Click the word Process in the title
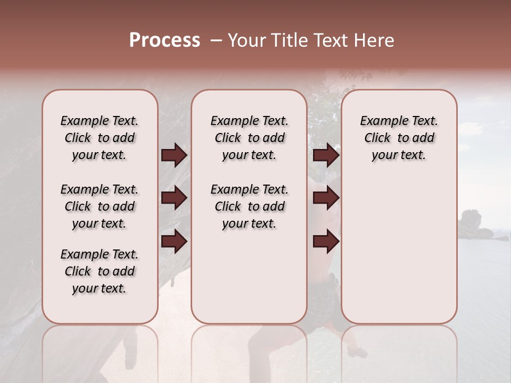(x=164, y=40)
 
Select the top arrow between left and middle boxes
(x=174, y=155)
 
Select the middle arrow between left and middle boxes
(x=174, y=198)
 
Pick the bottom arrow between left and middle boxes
(x=174, y=242)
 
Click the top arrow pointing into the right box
(x=326, y=155)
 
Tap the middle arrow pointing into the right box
(x=326, y=198)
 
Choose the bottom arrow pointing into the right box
(x=326, y=242)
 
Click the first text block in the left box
(x=100, y=138)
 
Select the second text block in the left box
(x=100, y=206)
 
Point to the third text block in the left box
(x=100, y=271)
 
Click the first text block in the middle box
(x=249, y=138)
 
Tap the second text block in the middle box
(x=249, y=206)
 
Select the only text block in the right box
(x=399, y=138)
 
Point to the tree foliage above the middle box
(x=341, y=80)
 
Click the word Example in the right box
(x=380, y=121)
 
